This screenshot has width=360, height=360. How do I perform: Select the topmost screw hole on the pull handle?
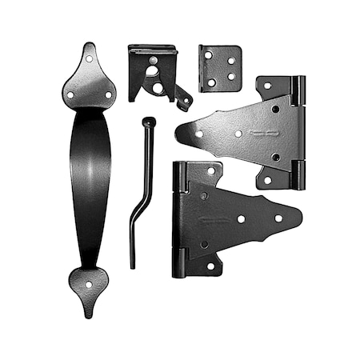coord(89,58)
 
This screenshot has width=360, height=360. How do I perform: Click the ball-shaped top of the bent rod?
coord(149,122)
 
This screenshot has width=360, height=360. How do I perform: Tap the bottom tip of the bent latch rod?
coord(132,266)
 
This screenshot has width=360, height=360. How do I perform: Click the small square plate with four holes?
coord(220,67)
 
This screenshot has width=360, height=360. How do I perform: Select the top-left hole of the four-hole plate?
coord(208,56)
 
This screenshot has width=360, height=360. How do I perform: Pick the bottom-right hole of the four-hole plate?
coord(232,78)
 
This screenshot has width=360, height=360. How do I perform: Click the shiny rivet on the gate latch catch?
coord(152,60)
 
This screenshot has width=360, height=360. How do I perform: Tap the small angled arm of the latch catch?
coord(183,97)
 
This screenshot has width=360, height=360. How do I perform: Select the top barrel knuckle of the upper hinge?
coord(297,90)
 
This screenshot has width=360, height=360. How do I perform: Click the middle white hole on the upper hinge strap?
coord(238,134)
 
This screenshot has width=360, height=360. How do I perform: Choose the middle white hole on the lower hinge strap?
coord(241,218)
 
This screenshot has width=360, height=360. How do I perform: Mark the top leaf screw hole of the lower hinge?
coord(211,170)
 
